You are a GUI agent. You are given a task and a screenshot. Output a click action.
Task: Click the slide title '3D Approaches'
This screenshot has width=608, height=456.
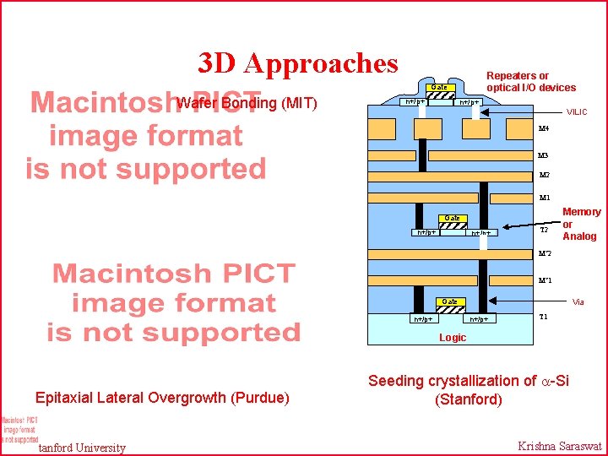[297, 63]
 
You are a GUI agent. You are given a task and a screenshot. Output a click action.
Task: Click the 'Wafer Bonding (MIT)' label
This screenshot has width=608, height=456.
[247, 104]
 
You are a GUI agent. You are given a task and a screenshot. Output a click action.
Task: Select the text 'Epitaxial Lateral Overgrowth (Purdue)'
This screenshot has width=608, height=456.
[162, 398]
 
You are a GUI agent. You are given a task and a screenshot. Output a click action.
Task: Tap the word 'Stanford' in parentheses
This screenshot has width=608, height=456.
[468, 399]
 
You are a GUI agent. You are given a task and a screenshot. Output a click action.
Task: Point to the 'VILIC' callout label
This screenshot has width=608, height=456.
[577, 111]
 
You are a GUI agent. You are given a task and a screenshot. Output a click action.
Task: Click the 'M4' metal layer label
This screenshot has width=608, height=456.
[544, 128]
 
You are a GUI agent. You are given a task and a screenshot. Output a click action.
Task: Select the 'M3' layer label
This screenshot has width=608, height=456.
[544, 155]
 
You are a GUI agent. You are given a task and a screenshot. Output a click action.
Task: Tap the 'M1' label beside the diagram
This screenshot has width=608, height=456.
[544, 198]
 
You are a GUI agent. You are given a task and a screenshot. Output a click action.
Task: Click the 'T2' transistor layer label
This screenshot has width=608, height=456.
[544, 229]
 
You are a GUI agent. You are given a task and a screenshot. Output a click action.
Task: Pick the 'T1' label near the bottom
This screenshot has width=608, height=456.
[544, 317]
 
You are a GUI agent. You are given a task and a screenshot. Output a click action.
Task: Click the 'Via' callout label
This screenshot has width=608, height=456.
[578, 301]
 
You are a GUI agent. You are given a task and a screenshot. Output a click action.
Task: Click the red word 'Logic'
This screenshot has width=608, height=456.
[452, 338]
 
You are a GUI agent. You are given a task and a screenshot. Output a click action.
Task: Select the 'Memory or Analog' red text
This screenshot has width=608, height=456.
[581, 224]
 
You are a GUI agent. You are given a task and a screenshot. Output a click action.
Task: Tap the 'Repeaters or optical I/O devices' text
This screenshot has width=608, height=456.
[530, 82]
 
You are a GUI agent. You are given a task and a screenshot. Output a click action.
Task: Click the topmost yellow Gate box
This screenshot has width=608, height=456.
[438, 88]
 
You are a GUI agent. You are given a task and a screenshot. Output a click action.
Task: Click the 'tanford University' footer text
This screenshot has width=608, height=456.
[83, 448]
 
